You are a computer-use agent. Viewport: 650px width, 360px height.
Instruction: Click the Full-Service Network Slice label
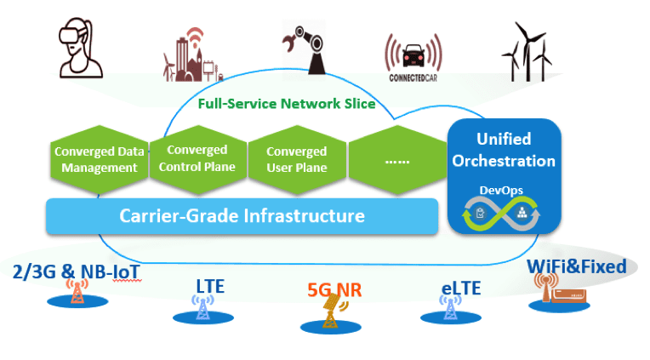coord(286,106)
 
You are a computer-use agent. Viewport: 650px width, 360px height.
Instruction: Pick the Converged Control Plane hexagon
coord(197,158)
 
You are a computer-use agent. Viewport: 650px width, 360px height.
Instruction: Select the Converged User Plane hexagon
coord(296,159)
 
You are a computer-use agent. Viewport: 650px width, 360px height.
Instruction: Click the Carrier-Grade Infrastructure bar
coord(242,215)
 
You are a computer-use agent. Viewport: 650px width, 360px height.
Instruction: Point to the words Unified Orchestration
coord(504,149)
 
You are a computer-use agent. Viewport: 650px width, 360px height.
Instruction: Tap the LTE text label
coord(204,286)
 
